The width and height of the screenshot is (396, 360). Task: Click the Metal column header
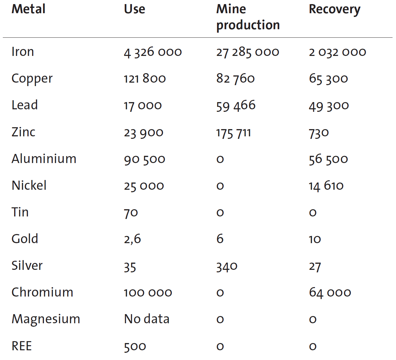(x=28, y=9)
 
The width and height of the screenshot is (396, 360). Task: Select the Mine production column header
(x=248, y=17)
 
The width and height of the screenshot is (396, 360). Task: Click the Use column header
(x=134, y=9)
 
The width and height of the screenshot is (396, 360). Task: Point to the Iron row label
(x=23, y=52)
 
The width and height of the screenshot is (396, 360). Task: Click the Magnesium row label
(x=46, y=319)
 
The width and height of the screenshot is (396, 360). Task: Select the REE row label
(x=22, y=346)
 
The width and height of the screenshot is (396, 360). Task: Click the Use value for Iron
(x=153, y=52)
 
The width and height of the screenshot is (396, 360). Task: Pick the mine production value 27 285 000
(x=247, y=52)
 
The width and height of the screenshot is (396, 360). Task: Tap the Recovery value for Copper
(x=328, y=79)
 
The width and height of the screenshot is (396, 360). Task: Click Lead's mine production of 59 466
(x=236, y=106)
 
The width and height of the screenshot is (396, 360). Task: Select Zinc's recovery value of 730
(x=319, y=133)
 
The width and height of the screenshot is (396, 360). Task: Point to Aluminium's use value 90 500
(x=144, y=159)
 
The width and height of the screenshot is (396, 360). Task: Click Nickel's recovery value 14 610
(x=326, y=186)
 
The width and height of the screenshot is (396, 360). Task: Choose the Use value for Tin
(x=131, y=213)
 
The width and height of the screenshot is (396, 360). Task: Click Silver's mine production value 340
(x=227, y=267)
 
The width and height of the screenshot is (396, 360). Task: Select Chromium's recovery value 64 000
(x=330, y=293)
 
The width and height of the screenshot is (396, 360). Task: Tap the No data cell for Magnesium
(x=147, y=319)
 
